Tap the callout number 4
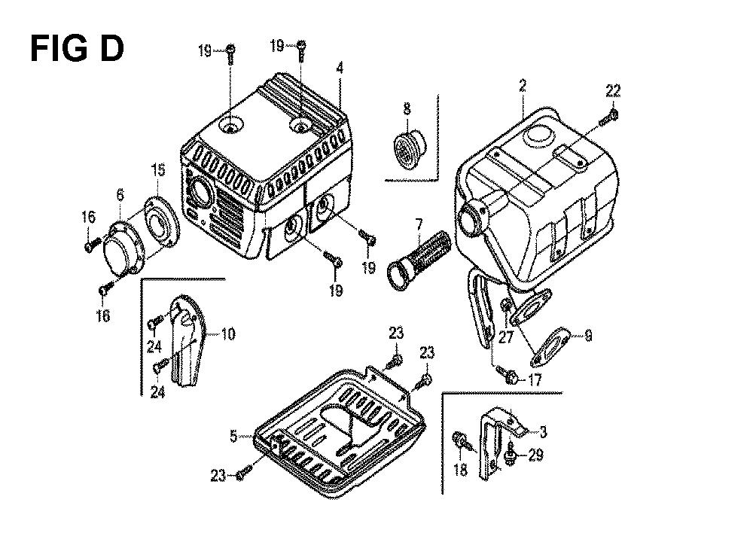(x=340, y=69)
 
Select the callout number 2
(x=523, y=86)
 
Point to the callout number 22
(x=613, y=90)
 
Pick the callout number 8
(x=407, y=108)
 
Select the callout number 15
(x=158, y=169)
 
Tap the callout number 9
(x=588, y=336)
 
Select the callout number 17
(x=535, y=380)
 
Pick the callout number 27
(x=506, y=337)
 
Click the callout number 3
(x=543, y=432)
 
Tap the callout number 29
(x=535, y=455)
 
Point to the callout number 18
(x=460, y=469)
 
